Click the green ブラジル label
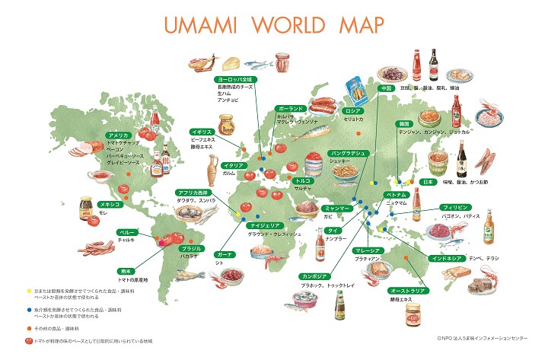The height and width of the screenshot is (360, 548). [x=190, y=248]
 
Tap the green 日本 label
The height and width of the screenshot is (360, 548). [x=428, y=183]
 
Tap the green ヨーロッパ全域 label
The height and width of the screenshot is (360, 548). [x=236, y=78]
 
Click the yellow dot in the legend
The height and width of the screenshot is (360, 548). [x=28, y=292]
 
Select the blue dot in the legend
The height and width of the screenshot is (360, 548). [x=28, y=311]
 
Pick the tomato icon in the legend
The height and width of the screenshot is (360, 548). [x=28, y=339]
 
